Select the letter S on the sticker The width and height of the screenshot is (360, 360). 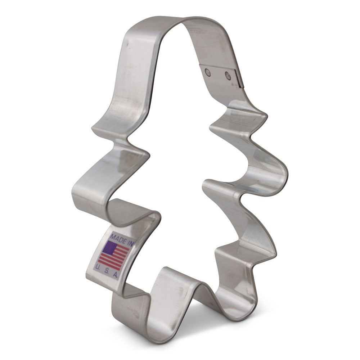pos(105,271)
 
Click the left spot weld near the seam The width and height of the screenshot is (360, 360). pos(207,72)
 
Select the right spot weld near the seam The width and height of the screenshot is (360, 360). pos(228,75)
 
